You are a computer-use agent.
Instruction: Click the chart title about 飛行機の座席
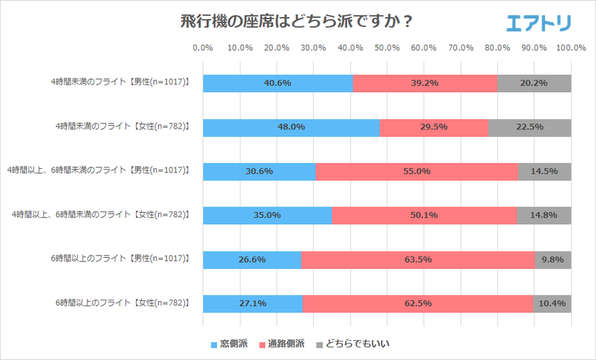[x=297, y=21]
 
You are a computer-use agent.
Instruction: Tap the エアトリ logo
[x=539, y=23]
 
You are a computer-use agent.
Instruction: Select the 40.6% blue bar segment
[x=277, y=83]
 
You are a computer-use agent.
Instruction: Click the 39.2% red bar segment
[x=424, y=83]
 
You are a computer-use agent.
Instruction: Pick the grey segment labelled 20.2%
[x=534, y=83]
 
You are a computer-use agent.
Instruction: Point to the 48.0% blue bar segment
[x=291, y=127]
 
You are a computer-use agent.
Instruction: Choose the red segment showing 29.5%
[x=434, y=127]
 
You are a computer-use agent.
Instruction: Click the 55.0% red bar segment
[x=416, y=171]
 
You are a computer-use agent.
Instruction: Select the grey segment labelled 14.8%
[x=543, y=215]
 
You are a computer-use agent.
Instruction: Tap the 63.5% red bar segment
[x=417, y=259]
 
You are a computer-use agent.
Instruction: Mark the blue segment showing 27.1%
[x=253, y=303]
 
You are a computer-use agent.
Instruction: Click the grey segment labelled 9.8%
[x=553, y=259]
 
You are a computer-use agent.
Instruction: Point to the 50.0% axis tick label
[x=387, y=48]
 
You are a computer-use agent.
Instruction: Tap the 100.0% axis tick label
[x=570, y=48]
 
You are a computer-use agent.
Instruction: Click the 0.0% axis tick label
[x=203, y=48]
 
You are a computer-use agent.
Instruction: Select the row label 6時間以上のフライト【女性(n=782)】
[x=122, y=303]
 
